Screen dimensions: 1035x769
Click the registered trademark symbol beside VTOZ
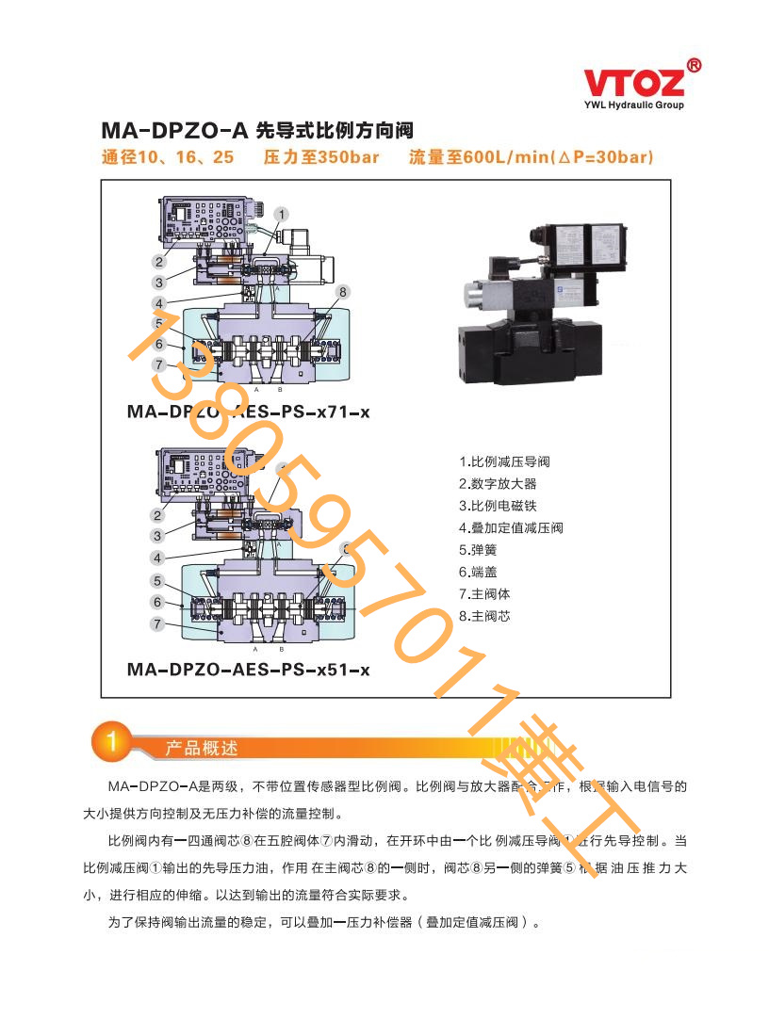click(x=694, y=65)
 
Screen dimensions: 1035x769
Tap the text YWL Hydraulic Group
click(x=633, y=105)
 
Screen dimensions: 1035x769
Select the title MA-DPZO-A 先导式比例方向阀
click(x=257, y=130)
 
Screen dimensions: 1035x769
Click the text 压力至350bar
click(x=321, y=157)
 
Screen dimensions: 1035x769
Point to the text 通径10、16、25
click(x=168, y=157)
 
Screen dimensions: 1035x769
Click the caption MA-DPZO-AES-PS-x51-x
click(x=248, y=670)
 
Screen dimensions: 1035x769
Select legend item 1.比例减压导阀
click(x=504, y=461)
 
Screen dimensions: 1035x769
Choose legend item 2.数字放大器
click(x=498, y=483)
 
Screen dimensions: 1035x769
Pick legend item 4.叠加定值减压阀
click(x=511, y=527)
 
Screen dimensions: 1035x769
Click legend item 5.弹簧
click(x=478, y=550)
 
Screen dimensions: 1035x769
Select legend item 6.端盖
click(x=478, y=572)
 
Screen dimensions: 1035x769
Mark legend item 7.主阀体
click(x=484, y=594)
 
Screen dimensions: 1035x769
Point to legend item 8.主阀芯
click(x=484, y=616)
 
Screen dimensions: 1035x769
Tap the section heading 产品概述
click(x=202, y=748)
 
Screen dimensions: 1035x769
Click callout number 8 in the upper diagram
click(x=343, y=292)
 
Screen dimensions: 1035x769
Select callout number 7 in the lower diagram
click(x=158, y=623)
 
